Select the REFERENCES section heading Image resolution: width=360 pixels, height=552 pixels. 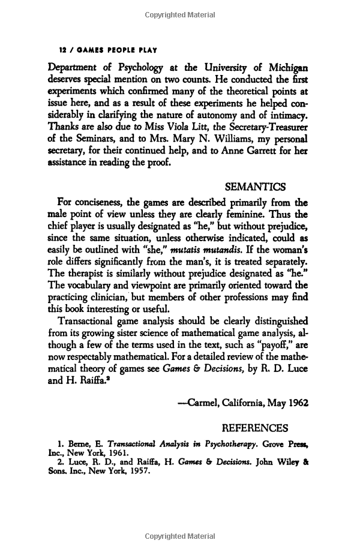tap(255, 428)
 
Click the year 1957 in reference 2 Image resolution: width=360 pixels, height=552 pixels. tap(135, 472)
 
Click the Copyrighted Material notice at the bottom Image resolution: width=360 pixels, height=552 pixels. tap(180, 536)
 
